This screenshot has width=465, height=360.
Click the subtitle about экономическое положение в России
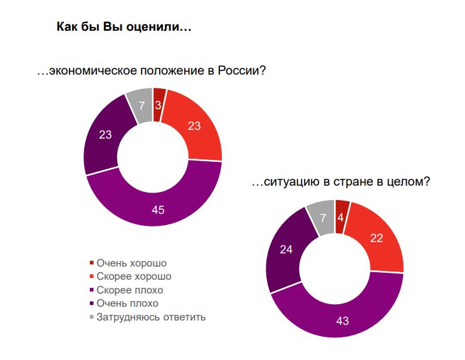coord(152,71)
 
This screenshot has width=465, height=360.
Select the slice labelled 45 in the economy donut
coord(158,209)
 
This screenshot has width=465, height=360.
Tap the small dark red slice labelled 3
coord(159,105)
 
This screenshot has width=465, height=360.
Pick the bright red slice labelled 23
coord(194,126)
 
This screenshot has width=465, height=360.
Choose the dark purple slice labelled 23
coord(105,134)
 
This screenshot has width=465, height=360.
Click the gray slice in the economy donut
coord(141,105)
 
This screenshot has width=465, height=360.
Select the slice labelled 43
coord(342,320)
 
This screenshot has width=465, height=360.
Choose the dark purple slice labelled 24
coord(287,249)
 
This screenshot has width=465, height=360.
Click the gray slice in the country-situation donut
coord(323,218)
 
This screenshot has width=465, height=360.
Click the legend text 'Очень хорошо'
coord(130,263)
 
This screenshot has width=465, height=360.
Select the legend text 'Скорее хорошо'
coord(133,276)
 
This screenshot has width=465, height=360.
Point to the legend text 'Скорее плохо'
coord(129,290)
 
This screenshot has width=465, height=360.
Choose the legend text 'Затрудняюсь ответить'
coord(150,317)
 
